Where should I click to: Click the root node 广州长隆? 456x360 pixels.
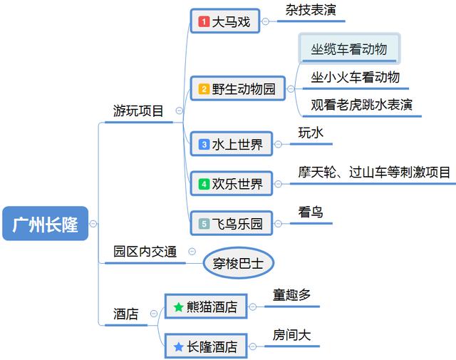[45, 224]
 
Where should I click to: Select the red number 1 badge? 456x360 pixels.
[204, 21]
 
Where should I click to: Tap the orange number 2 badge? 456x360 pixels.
[204, 89]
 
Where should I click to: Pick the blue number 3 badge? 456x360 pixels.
[204, 144]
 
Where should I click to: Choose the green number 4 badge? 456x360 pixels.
[204, 184]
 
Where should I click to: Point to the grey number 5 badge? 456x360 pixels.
[204, 224]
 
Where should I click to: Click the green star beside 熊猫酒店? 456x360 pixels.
[178, 307]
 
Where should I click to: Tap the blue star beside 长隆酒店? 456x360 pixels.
[178, 346]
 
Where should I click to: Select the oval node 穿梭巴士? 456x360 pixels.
[239, 263]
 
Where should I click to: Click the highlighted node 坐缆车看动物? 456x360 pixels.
[349, 48]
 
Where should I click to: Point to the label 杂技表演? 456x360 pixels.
[311, 10]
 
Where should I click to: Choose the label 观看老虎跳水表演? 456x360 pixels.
[361, 105]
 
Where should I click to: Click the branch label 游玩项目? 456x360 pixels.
[138, 111]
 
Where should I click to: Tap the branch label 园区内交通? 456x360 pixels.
[145, 252]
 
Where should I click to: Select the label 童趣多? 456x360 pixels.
[291, 295]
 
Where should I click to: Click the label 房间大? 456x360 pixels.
[291, 335]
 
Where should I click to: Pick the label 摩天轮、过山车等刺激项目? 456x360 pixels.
[374, 173]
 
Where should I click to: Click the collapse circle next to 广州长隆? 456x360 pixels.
[93, 224]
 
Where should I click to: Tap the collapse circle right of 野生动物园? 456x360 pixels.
[291, 89]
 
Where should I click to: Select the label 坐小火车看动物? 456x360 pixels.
[355, 77]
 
